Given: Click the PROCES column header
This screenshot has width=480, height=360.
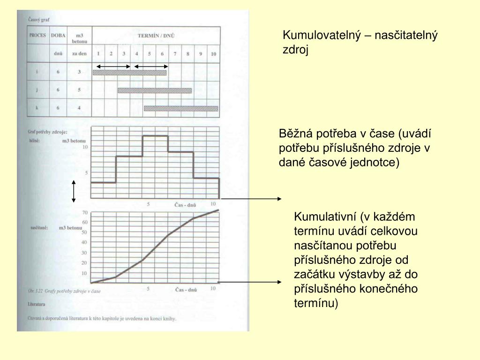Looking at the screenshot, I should (x=37, y=35).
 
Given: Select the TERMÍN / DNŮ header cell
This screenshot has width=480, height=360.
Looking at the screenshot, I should (x=156, y=35).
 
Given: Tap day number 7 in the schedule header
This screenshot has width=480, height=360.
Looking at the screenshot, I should (x=175, y=54).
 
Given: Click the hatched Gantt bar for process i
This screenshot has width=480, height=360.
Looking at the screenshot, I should (x=130, y=73).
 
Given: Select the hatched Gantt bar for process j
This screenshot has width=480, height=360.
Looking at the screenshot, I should (x=155, y=90).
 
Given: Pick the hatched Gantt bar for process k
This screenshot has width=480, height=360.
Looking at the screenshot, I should (x=181, y=108).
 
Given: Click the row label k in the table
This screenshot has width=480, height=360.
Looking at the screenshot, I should (x=37, y=108).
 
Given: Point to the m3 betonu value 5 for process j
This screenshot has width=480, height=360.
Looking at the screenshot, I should (x=79, y=90).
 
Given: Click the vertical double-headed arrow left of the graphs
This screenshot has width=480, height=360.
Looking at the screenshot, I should (x=74, y=191).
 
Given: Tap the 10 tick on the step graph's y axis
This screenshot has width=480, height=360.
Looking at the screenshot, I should (x=85, y=147).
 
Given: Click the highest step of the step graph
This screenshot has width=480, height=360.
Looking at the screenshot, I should (x=155, y=136).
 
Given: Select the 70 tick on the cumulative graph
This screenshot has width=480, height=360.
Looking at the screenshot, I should (x=85, y=212).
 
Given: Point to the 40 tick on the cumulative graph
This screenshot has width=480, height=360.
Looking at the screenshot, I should (x=85, y=242).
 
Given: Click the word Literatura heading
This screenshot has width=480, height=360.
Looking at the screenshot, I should (x=37, y=304).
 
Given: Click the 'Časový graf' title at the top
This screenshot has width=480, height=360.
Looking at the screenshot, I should (x=39, y=20).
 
